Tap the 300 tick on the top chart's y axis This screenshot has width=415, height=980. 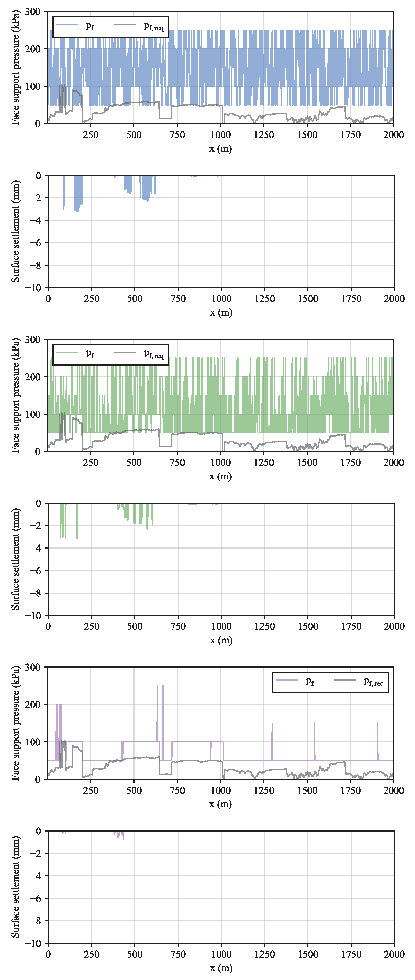click(33, 11)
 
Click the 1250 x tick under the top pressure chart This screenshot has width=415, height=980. click(264, 135)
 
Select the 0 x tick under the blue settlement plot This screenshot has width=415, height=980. click(48, 299)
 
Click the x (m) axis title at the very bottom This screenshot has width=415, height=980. click(221, 968)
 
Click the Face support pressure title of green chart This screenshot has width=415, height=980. click(15, 396)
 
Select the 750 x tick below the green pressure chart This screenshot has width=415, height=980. click(177, 463)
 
